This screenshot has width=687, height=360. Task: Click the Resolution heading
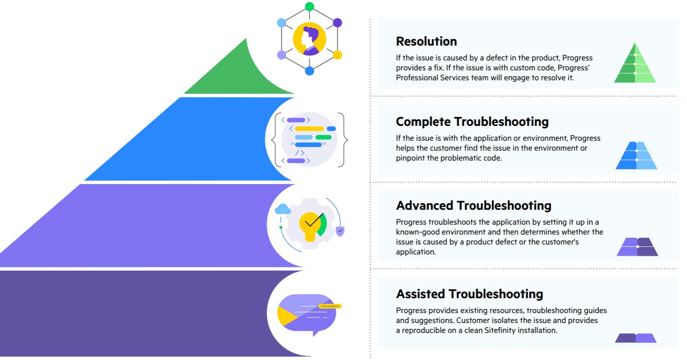426,42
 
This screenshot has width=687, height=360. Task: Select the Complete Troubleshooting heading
472,122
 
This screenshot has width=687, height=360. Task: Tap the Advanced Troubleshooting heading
473,206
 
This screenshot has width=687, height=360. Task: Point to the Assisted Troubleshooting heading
469,294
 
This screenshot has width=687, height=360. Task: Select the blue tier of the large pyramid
180,140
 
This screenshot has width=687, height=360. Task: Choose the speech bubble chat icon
307,314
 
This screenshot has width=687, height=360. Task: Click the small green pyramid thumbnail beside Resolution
635,64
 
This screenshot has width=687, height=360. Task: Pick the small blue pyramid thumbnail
636,156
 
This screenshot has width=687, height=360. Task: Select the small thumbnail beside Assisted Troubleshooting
636,338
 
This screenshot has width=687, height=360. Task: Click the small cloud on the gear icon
283,208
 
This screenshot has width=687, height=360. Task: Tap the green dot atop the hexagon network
309,6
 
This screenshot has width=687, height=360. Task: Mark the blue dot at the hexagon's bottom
309,71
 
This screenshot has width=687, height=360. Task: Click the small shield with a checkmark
340,231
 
